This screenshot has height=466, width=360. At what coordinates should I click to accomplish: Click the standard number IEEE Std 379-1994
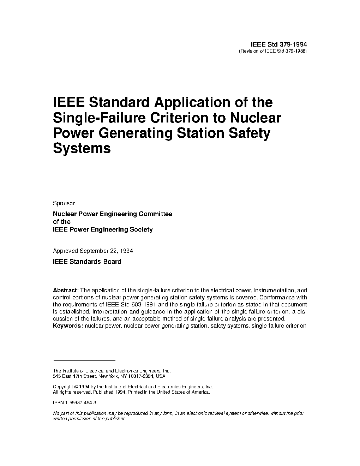tap(278, 44)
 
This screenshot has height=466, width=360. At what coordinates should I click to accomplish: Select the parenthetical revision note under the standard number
tap(273, 51)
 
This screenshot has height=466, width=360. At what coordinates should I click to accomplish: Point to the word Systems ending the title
tap(82, 148)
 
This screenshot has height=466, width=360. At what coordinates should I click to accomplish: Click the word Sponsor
tap(64, 203)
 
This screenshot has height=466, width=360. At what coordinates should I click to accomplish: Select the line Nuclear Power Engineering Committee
tap(112, 214)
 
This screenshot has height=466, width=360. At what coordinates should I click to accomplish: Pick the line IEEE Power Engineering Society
tap(103, 229)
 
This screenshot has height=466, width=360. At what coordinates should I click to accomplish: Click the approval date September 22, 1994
tap(106, 251)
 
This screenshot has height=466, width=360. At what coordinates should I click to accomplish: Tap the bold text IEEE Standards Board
tap(87, 262)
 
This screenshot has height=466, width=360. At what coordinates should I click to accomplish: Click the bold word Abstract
tap(66, 291)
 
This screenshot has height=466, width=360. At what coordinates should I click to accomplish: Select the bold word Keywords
tap(67, 325)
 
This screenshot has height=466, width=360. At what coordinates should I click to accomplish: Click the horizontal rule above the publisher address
tap(84, 360)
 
